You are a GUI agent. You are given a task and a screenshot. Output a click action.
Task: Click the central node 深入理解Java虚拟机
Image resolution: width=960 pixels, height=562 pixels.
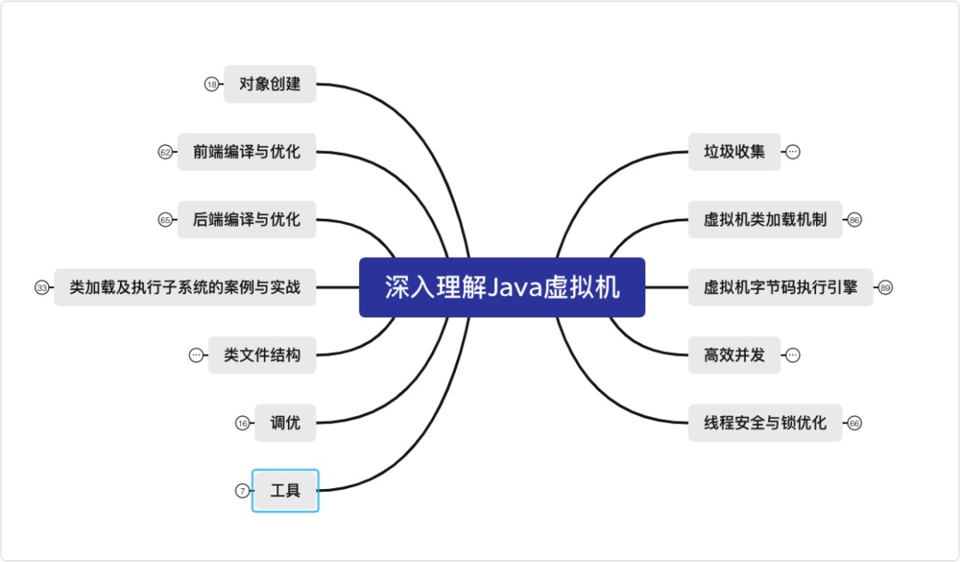point(501,287)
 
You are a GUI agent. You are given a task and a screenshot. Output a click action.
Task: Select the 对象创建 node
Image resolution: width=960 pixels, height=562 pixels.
point(269,84)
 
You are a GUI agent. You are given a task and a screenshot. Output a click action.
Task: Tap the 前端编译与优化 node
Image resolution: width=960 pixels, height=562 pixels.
point(246,152)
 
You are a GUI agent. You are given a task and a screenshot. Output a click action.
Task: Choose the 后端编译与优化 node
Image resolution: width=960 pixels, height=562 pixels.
point(246,220)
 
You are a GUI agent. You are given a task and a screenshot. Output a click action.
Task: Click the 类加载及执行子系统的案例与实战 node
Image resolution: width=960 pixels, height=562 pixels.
point(185,287)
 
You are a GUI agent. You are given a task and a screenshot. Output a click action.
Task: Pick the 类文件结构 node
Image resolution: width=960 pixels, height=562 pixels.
point(261,355)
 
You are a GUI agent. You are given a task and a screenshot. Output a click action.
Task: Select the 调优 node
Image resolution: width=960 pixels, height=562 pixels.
point(284,422)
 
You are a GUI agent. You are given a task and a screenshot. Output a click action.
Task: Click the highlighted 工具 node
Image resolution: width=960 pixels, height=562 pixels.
point(284,490)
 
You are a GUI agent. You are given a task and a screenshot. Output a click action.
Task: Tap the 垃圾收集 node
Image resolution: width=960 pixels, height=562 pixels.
point(734,152)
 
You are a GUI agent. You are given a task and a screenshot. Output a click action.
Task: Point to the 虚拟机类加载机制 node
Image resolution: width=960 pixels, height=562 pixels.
point(764,220)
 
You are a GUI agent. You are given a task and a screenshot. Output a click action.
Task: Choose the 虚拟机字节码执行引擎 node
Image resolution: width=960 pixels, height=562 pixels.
point(780,287)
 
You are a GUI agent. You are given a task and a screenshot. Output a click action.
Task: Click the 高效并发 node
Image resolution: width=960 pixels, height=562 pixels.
point(734,355)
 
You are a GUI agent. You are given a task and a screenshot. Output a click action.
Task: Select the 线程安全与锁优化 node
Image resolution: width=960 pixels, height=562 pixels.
point(764,422)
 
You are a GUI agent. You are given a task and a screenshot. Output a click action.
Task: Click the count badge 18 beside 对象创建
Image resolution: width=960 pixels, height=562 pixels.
point(212,84)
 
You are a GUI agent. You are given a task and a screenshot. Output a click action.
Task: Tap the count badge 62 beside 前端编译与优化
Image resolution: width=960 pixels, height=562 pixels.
point(165,152)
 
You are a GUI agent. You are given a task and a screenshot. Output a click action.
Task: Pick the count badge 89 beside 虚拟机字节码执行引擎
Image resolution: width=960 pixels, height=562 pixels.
point(885,287)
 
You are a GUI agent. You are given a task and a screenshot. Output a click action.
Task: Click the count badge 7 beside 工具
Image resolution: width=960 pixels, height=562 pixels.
point(242,490)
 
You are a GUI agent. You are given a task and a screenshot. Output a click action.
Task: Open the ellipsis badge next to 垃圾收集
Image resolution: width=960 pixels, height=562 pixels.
point(793,152)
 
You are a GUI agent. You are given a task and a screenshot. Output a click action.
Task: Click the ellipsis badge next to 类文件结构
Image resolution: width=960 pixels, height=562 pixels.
point(196,355)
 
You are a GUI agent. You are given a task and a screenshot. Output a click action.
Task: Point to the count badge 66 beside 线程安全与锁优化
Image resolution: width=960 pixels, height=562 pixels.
point(854,422)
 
